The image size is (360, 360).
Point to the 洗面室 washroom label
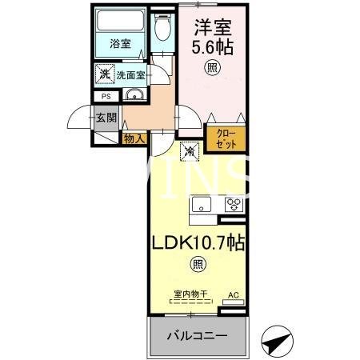click(130, 74)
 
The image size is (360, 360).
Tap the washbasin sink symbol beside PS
click(134, 98)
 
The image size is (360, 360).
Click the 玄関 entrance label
click(106, 118)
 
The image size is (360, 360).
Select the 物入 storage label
click(134, 138)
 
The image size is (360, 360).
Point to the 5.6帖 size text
click(213, 47)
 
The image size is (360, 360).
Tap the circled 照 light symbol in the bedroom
click(212, 68)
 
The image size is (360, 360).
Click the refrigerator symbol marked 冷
click(190, 150)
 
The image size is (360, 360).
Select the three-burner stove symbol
click(233, 203)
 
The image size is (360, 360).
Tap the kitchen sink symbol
click(200, 203)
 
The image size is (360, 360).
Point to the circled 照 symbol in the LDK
click(196, 265)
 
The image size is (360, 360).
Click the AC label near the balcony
click(234, 295)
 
